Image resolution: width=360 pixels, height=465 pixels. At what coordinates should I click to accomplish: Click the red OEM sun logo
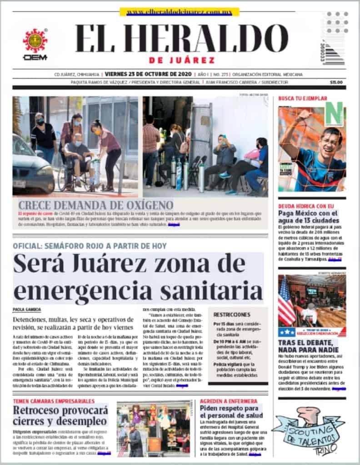(x=35, y=41)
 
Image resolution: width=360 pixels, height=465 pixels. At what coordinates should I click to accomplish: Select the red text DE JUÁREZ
(x=181, y=60)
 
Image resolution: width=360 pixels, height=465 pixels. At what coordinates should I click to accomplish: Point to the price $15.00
(x=336, y=82)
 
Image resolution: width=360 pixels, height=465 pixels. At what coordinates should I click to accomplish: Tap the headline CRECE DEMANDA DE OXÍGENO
(x=95, y=204)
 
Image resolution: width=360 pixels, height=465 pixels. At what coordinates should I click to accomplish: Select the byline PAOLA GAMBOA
(x=27, y=310)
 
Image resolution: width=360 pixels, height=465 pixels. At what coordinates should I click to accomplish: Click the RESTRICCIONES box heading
(x=232, y=314)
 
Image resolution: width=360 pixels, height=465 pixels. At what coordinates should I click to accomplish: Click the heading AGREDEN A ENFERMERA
(x=225, y=401)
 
